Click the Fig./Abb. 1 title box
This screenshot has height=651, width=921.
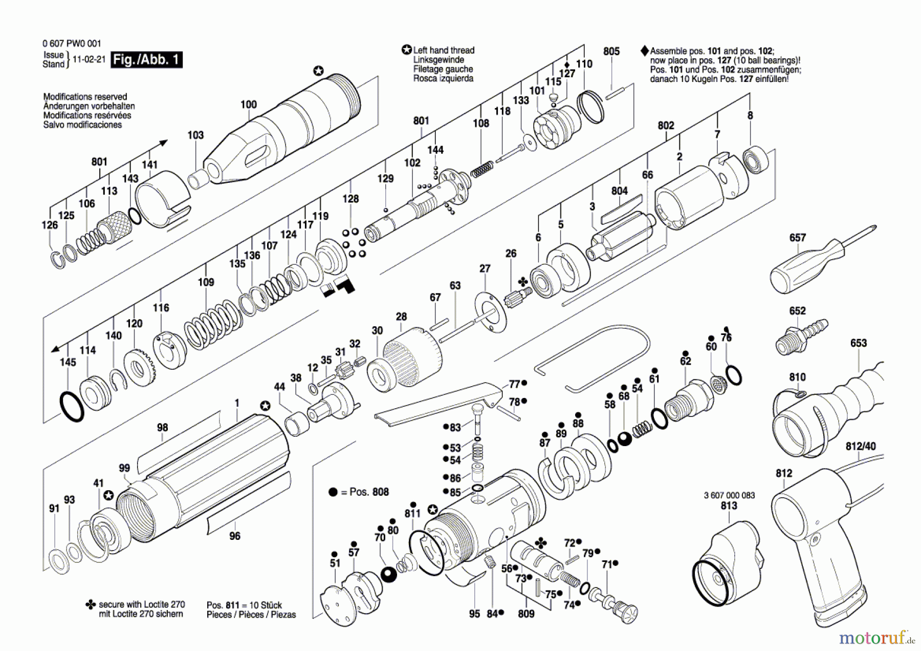click(x=146, y=59)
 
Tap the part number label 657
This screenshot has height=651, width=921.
click(x=797, y=238)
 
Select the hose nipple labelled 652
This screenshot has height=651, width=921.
click(x=801, y=335)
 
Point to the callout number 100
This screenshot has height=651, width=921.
click(x=249, y=104)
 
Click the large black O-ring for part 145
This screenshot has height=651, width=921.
click(x=72, y=406)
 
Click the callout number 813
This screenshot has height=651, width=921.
click(x=729, y=506)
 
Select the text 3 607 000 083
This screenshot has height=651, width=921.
click(x=729, y=495)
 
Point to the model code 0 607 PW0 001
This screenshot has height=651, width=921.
click(x=72, y=44)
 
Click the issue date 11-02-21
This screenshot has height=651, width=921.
click(x=89, y=59)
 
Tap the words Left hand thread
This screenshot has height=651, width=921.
click(x=444, y=50)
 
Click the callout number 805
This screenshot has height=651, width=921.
click(x=611, y=51)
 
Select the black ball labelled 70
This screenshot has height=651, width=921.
click(x=389, y=574)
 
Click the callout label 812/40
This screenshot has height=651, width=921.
click(x=861, y=447)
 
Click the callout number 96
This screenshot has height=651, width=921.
click(x=234, y=536)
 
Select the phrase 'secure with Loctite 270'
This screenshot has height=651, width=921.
click(x=141, y=604)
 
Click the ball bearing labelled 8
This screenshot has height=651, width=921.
click(x=755, y=159)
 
